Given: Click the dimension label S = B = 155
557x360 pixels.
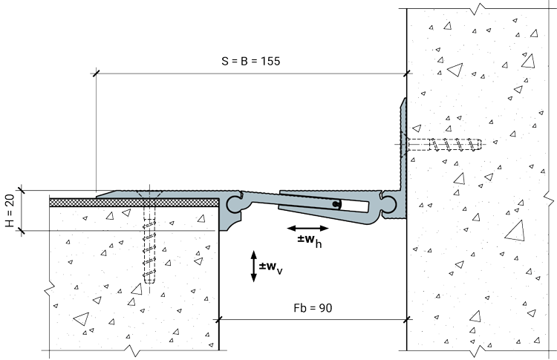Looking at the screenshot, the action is pyautogui.click(x=251, y=61).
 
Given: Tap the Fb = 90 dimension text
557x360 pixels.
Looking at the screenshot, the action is pyautogui.click(x=313, y=308).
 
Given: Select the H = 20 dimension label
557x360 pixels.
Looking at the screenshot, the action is pyautogui.click(x=10, y=211).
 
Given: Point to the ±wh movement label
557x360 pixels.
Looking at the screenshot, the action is pyautogui.click(x=310, y=240).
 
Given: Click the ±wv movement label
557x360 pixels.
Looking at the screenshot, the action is pyautogui.click(x=270, y=267).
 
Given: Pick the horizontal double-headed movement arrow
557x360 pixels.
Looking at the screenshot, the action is pyautogui.click(x=307, y=229).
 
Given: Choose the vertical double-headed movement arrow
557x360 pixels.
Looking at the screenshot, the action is pyautogui.click(x=254, y=266).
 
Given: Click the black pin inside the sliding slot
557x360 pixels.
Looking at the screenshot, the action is pyautogui.click(x=336, y=204).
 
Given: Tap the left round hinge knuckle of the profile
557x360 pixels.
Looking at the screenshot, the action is pyautogui.click(x=235, y=204).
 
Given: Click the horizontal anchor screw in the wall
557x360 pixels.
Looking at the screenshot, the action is pyautogui.click(x=444, y=145).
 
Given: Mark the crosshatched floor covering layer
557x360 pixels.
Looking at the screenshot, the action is pyautogui.click(x=134, y=203).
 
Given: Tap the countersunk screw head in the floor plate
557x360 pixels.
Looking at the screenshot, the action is pyautogui.click(x=149, y=194).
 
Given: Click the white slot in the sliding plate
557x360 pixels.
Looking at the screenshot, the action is pyautogui.click(x=354, y=206).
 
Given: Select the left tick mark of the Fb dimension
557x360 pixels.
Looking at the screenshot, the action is pyautogui.click(x=219, y=319).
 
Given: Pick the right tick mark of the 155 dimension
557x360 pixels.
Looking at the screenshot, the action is pyautogui.click(x=407, y=73).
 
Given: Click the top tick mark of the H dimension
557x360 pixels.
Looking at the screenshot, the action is pyautogui.click(x=22, y=191).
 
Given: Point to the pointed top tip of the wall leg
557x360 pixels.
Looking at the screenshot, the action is pyautogui.click(x=405, y=99).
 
